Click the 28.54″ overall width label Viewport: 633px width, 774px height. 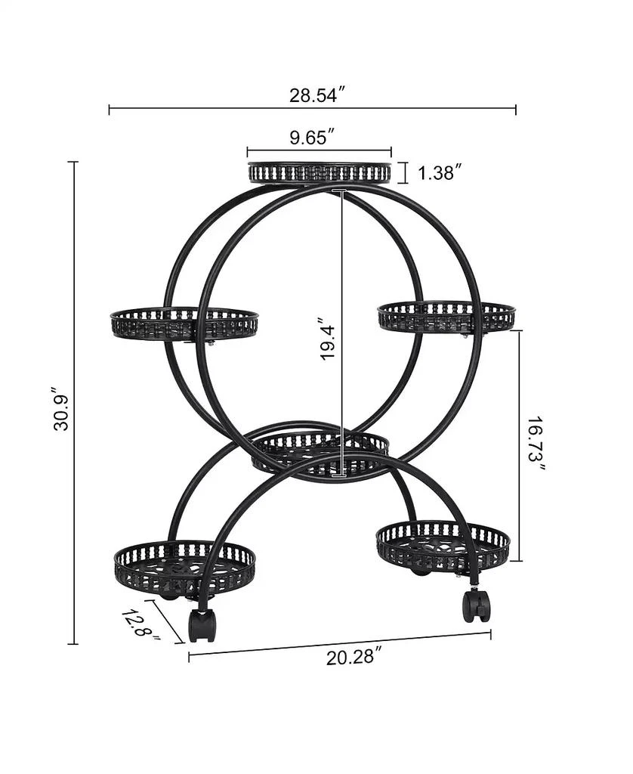point(317,95)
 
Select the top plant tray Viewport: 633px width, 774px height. point(320,172)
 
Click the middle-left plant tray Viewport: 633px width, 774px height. point(184,324)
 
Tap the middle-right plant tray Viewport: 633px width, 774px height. point(446,317)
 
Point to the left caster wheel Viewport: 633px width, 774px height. point(202,624)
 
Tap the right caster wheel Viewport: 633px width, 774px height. point(476,605)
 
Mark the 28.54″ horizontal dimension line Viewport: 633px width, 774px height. point(227,110)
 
